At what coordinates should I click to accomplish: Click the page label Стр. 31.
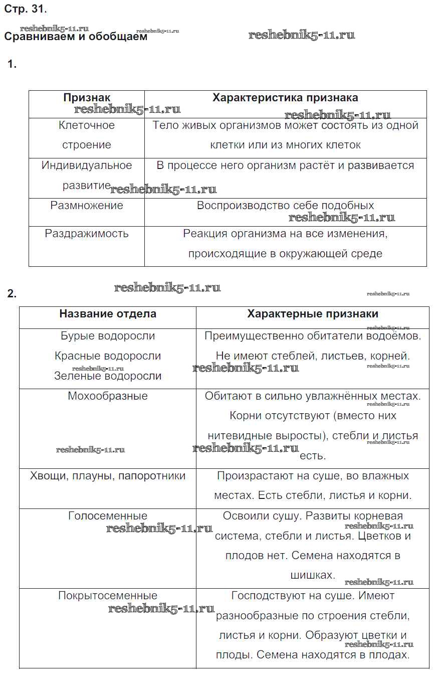click(x=25, y=9)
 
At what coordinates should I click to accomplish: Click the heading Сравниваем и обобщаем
click(x=76, y=37)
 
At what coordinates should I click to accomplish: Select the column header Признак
click(x=87, y=98)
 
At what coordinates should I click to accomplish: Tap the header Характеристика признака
click(x=285, y=98)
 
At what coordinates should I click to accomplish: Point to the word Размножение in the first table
click(x=87, y=206)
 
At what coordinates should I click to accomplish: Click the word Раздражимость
click(x=87, y=234)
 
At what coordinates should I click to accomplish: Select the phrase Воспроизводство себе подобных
click(x=285, y=206)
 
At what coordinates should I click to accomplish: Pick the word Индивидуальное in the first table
click(x=87, y=165)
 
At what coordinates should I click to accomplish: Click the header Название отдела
click(x=108, y=314)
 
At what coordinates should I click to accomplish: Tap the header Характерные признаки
click(x=313, y=314)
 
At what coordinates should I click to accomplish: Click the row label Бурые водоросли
click(x=108, y=336)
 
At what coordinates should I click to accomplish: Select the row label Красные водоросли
click(x=108, y=356)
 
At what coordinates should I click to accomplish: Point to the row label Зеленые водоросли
click(x=108, y=376)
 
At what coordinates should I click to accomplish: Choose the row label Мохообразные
click(x=108, y=396)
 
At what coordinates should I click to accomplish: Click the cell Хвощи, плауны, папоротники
click(x=108, y=476)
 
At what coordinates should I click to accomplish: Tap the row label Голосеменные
click(x=108, y=516)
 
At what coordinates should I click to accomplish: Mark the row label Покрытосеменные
click(x=108, y=596)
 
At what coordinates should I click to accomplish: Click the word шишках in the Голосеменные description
click(x=312, y=576)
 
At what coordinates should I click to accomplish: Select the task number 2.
click(x=12, y=294)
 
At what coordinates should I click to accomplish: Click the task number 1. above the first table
click(x=12, y=64)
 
